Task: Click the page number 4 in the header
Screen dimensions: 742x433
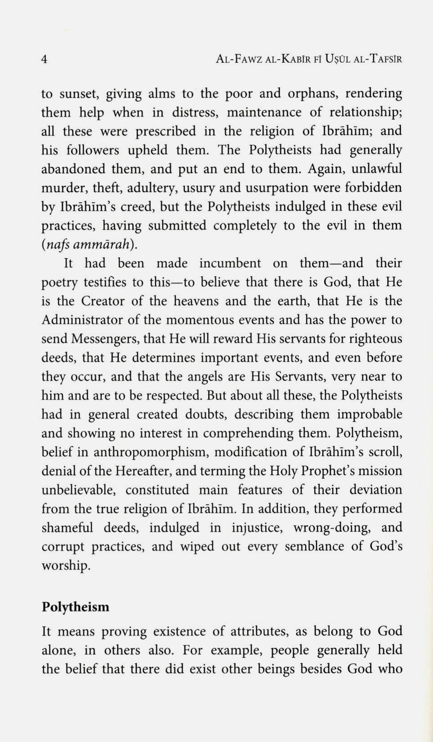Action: [44, 59]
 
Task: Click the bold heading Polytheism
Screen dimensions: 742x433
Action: [75, 607]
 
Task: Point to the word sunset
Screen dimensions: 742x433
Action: [79, 94]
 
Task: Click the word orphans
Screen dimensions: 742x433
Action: [313, 94]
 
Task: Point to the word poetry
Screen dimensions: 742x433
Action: [59, 283]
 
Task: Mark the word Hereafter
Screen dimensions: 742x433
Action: [143, 471]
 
